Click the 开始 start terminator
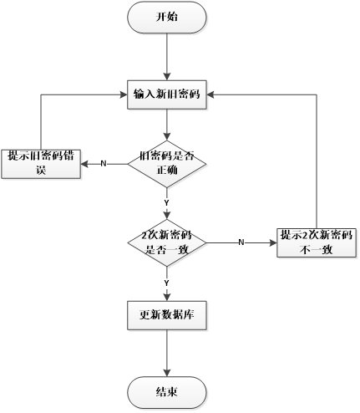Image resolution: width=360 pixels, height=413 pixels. (x=167, y=17)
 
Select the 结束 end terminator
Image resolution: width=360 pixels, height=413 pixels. (x=167, y=392)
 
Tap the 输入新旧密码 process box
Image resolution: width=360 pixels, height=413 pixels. (x=167, y=94)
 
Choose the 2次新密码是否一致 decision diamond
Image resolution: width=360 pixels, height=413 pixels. (x=167, y=242)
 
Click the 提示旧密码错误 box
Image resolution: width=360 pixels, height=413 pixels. (x=39, y=162)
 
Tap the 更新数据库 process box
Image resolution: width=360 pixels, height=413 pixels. (x=167, y=315)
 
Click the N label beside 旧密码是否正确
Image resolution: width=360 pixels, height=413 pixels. (x=103, y=162)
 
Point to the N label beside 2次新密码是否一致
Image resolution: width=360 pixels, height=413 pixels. (x=241, y=242)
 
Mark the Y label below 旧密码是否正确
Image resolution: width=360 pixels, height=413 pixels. (x=167, y=203)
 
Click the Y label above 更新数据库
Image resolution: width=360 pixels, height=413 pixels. (x=167, y=284)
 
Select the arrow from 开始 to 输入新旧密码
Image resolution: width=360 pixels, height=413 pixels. (x=167, y=55)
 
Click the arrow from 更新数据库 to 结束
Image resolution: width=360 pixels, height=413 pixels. (x=167, y=353)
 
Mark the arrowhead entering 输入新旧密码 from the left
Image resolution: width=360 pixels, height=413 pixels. (x=122, y=94)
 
